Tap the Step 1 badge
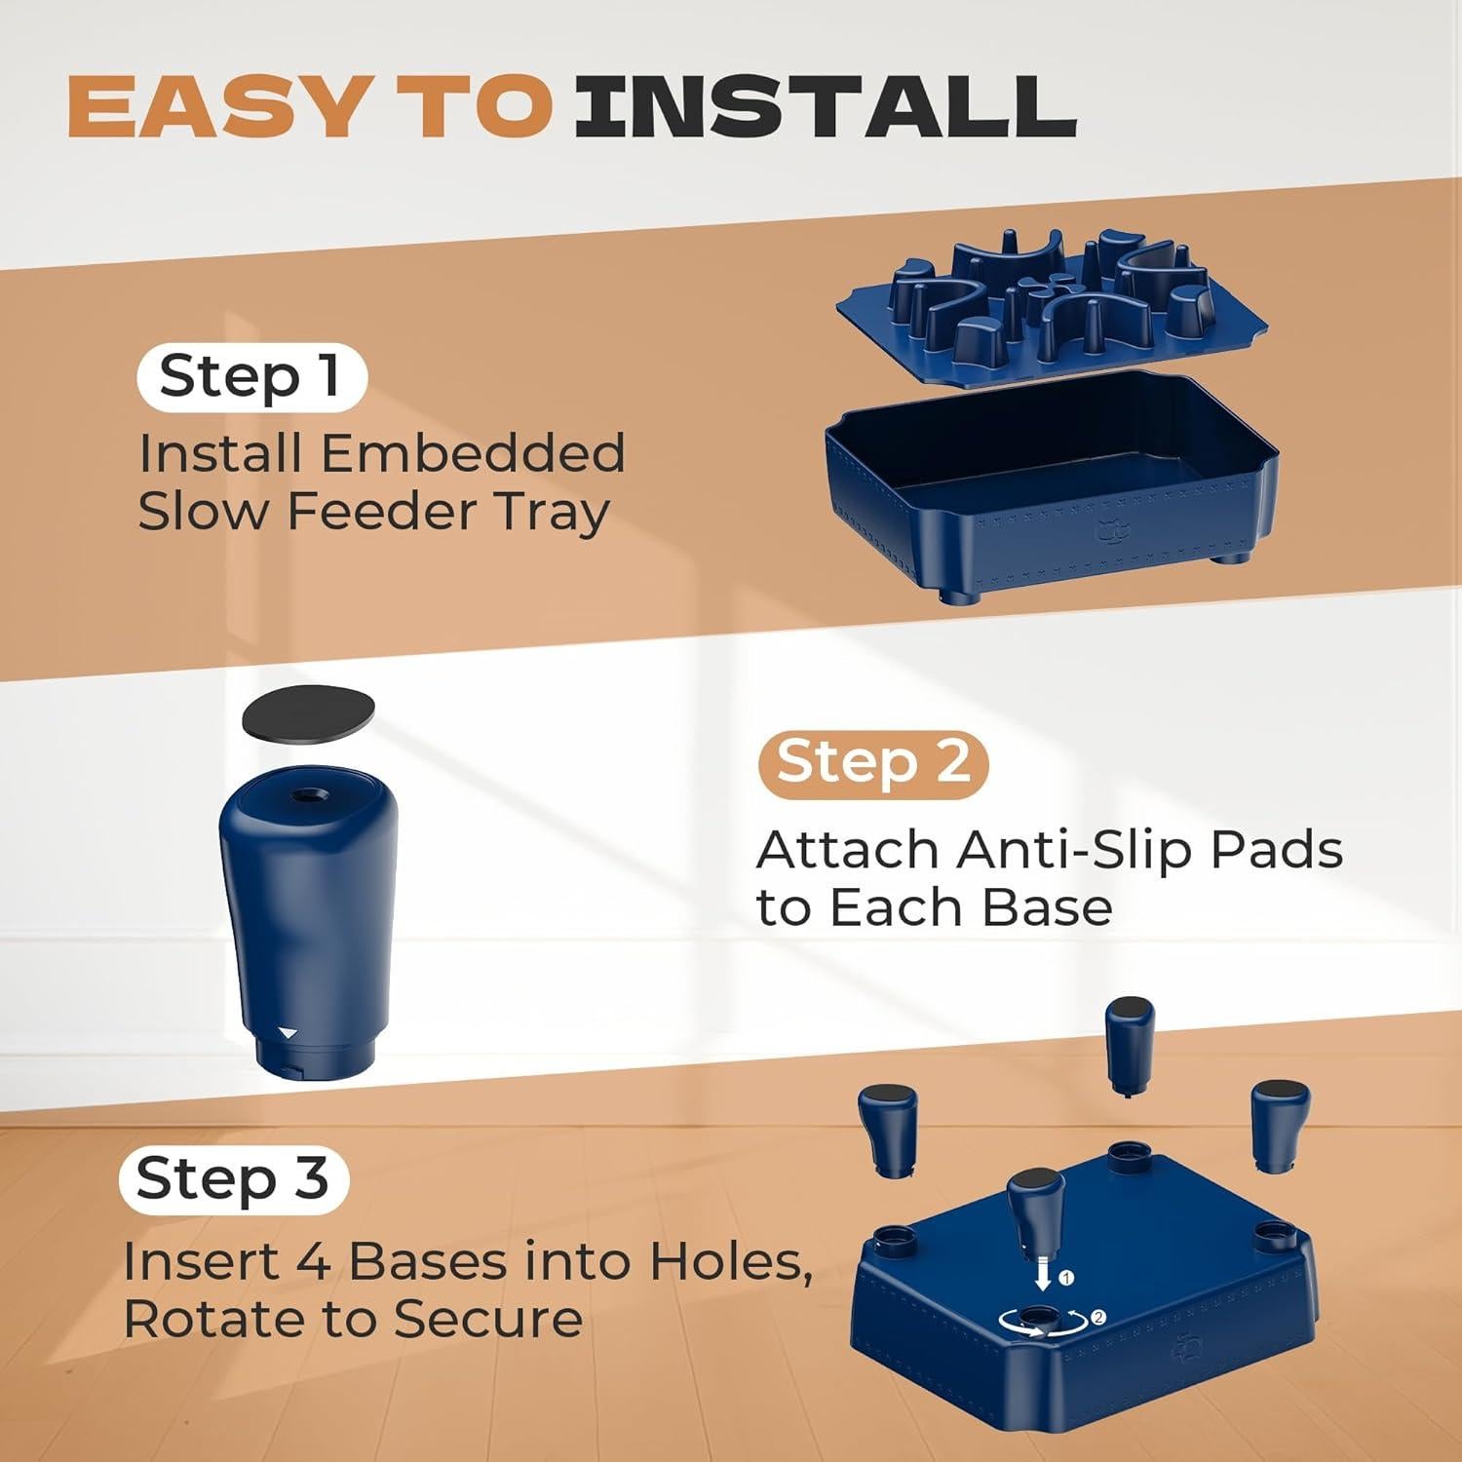251,377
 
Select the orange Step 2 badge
873,762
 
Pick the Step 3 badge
233,1179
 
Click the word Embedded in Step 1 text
473,453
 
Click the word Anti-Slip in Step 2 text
1073,850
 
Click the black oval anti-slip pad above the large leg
308,716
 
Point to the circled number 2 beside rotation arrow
1098,1318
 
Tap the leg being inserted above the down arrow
1036,1213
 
